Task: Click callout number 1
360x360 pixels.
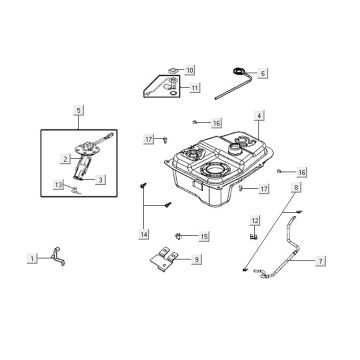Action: click(33, 258)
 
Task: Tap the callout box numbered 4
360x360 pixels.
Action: click(258, 117)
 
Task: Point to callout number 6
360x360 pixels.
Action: click(263, 73)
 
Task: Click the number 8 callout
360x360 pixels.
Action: click(296, 188)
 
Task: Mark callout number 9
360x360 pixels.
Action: click(197, 259)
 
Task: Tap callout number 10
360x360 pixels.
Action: click(190, 71)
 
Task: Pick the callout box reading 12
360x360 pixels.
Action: click(254, 220)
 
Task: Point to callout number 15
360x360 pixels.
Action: click(204, 236)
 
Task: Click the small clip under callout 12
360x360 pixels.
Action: click(254, 236)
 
